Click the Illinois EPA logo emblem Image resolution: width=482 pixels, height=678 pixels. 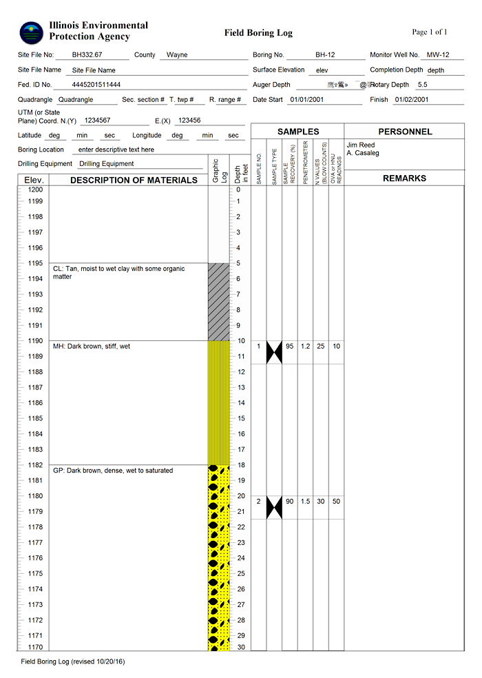pyautogui.click(x=31, y=31)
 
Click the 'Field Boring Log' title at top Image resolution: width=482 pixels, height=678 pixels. pyautogui.click(x=258, y=33)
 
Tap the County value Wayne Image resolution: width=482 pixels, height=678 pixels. pyautogui.click(x=177, y=55)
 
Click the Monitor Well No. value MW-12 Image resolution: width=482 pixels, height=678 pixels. pyautogui.click(x=438, y=54)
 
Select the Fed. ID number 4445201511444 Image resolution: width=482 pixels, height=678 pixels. pyautogui.click(x=96, y=85)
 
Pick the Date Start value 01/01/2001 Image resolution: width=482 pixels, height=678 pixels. pyautogui.click(x=306, y=100)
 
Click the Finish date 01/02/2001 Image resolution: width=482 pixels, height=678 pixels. pyautogui.click(x=412, y=100)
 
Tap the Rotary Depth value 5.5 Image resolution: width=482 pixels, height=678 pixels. pyautogui.click(x=423, y=85)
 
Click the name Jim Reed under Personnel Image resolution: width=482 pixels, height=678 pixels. pyautogui.click(x=360, y=145)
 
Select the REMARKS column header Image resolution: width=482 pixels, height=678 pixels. pyautogui.click(x=404, y=178)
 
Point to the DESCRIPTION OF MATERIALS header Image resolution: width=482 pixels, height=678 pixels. pyautogui.click(x=134, y=181)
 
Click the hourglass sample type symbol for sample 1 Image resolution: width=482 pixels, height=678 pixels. pyautogui.click(x=274, y=352)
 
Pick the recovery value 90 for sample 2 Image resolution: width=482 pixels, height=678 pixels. pyautogui.click(x=290, y=502)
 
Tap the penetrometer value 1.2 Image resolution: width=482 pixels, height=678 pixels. pyautogui.click(x=306, y=347)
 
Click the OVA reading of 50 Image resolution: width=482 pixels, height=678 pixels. pyautogui.click(x=336, y=502)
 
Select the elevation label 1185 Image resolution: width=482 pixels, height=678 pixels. pyautogui.click(x=35, y=418)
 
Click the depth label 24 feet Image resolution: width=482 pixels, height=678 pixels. pyautogui.click(x=241, y=558)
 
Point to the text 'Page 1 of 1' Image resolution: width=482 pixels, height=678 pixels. pyautogui.click(x=430, y=32)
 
